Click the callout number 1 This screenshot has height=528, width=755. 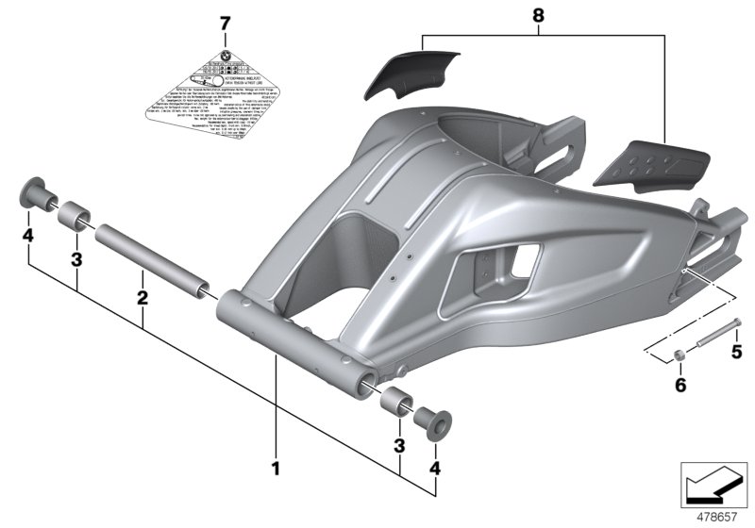276,467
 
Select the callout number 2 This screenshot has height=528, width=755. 142,298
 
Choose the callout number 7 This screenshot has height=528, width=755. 224,22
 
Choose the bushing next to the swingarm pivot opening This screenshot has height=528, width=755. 397,400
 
